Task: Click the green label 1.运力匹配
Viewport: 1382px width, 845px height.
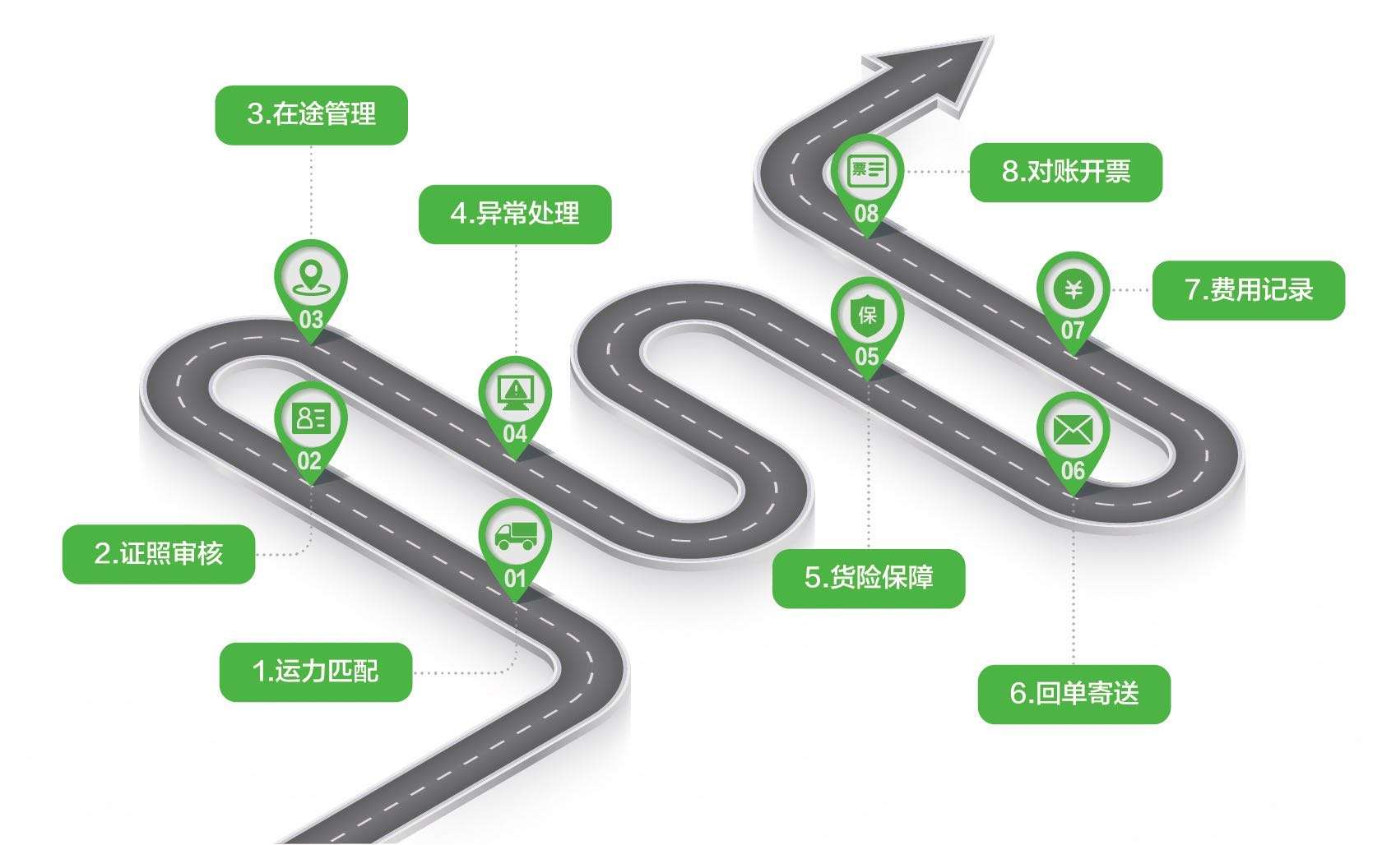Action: pyautogui.click(x=315, y=672)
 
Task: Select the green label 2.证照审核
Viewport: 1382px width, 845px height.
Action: pyautogui.click(x=159, y=554)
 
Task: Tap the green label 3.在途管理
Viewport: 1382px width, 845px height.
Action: pyautogui.click(x=311, y=114)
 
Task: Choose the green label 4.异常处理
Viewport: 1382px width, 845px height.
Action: pyautogui.click(x=515, y=214)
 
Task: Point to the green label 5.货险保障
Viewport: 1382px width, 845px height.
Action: pyautogui.click(x=868, y=578)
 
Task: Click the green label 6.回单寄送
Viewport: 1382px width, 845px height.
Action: pyautogui.click(x=1074, y=694)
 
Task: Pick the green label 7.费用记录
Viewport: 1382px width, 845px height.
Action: pyautogui.click(x=1248, y=289)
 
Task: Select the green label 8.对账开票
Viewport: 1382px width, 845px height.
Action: pyautogui.click(x=1065, y=172)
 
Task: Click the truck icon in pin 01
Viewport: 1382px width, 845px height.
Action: pyautogui.click(x=515, y=536)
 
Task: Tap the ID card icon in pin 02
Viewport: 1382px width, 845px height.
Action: pyautogui.click(x=311, y=418)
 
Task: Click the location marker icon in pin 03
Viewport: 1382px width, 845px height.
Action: pyautogui.click(x=310, y=276)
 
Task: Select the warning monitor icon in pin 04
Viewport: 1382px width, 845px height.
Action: pyautogui.click(x=515, y=391)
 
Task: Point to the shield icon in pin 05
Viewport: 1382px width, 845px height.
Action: pyautogui.click(x=867, y=314)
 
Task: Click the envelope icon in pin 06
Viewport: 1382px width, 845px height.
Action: pyautogui.click(x=1073, y=430)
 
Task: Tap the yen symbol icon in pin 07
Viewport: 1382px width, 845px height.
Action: pyautogui.click(x=1073, y=289)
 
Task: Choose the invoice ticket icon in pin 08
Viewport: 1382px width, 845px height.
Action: pyautogui.click(x=867, y=171)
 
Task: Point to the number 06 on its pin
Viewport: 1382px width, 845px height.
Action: pyautogui.click(x=1073, y=471)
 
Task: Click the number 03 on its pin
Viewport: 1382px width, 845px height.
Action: pyautogui.click(x=311, y=319)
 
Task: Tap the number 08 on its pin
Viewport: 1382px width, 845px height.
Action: pyautogui.click(x=866, y=214)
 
